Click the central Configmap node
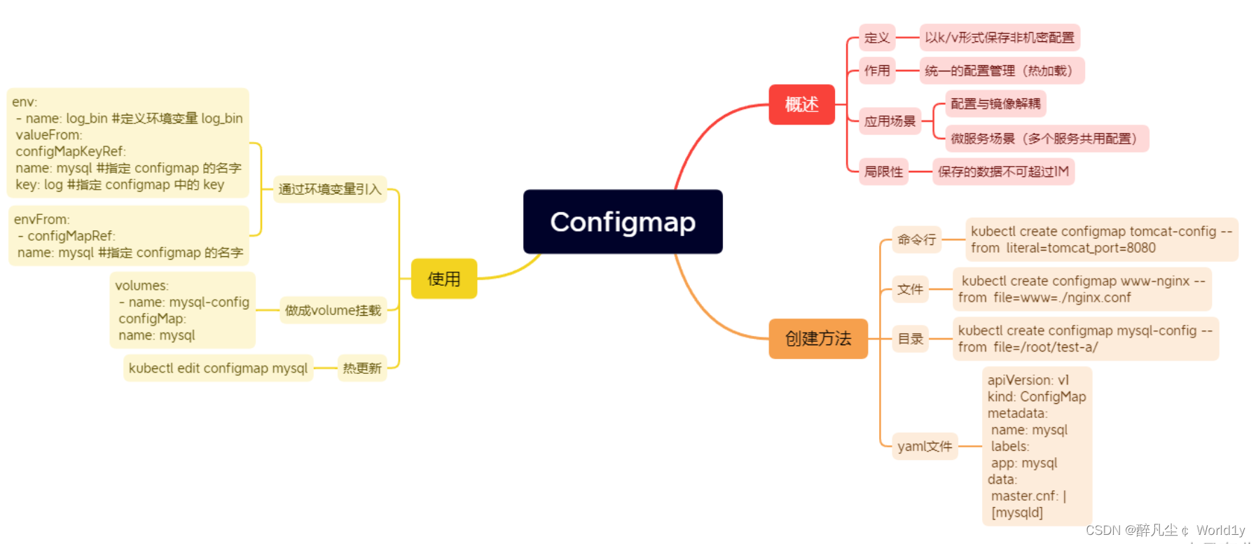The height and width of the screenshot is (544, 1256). [x=623, y=222]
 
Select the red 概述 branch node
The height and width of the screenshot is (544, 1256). [x=801, y=105]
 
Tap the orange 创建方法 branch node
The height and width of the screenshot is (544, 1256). [x=817, y=339]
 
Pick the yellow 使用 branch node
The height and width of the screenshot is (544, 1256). [x=444, y=279]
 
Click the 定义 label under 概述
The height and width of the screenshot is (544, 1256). [x=877, y=38]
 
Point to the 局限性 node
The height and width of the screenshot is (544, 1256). [x=883, y=172]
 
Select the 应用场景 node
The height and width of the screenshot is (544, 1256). [x=890, y=121]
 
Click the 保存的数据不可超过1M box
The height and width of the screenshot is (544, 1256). [x=1003, y=172]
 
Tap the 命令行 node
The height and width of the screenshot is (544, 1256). [x=916, y=239]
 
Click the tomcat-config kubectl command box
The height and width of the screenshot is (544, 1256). [x=1101, y=239]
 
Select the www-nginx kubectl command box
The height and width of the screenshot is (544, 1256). [x=1082, y=289]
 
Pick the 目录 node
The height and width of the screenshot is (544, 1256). [x=910, y=339]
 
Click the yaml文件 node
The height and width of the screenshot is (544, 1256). [x=925, y=446]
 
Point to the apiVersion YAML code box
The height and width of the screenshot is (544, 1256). [x=1037, y=446]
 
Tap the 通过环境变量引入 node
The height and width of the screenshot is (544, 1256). [x=330, y=189]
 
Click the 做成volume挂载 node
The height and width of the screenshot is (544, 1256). [x=333, y=310]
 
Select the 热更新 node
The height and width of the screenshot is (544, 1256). [x=362, y=368]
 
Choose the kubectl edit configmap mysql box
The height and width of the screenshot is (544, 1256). [x=218, y=368]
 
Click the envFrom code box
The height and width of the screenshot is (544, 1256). [x=129, y=236]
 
